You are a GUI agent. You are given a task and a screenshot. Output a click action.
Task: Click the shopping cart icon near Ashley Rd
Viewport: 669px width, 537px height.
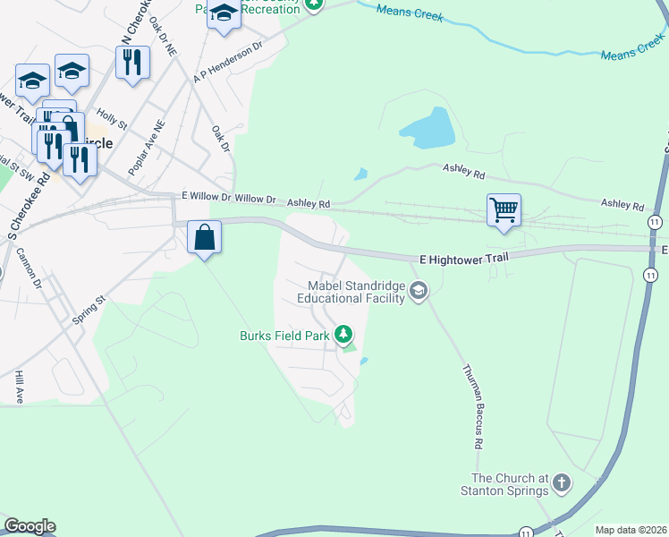504,211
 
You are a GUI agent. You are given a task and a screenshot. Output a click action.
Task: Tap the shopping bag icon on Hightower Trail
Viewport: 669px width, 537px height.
205,238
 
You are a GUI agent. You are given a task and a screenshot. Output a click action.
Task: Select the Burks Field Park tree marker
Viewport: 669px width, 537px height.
343,335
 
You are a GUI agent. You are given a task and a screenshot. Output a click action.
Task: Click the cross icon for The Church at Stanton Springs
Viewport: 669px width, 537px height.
561,483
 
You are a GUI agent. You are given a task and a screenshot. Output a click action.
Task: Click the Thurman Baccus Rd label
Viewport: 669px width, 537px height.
473,405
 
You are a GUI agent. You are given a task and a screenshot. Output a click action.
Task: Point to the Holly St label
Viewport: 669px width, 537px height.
112,119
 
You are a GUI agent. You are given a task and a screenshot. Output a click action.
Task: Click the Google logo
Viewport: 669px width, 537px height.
30,526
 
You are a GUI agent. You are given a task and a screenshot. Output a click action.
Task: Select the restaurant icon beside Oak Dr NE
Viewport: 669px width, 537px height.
132,63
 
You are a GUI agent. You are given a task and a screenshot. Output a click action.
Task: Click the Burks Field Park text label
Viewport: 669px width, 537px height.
284,337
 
